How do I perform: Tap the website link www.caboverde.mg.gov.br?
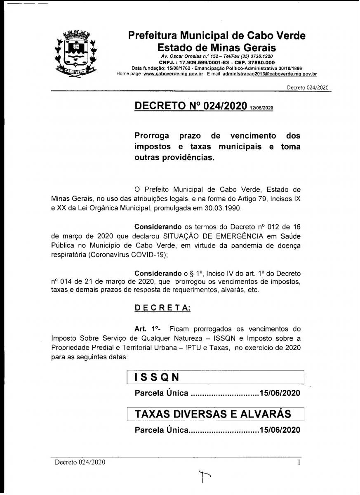(173, 74)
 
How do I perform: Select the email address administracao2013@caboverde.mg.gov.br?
(270, 74)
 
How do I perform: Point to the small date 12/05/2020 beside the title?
(261, 108)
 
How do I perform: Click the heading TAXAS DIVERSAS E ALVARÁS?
(213, 414)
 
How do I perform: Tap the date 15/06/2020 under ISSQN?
(280, 393)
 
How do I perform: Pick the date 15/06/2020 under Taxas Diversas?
(280, 430)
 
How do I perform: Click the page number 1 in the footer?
(299, 462)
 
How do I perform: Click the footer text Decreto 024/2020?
(80, 462)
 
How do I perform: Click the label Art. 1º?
(147, 329)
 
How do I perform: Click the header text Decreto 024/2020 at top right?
(308, 87)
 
